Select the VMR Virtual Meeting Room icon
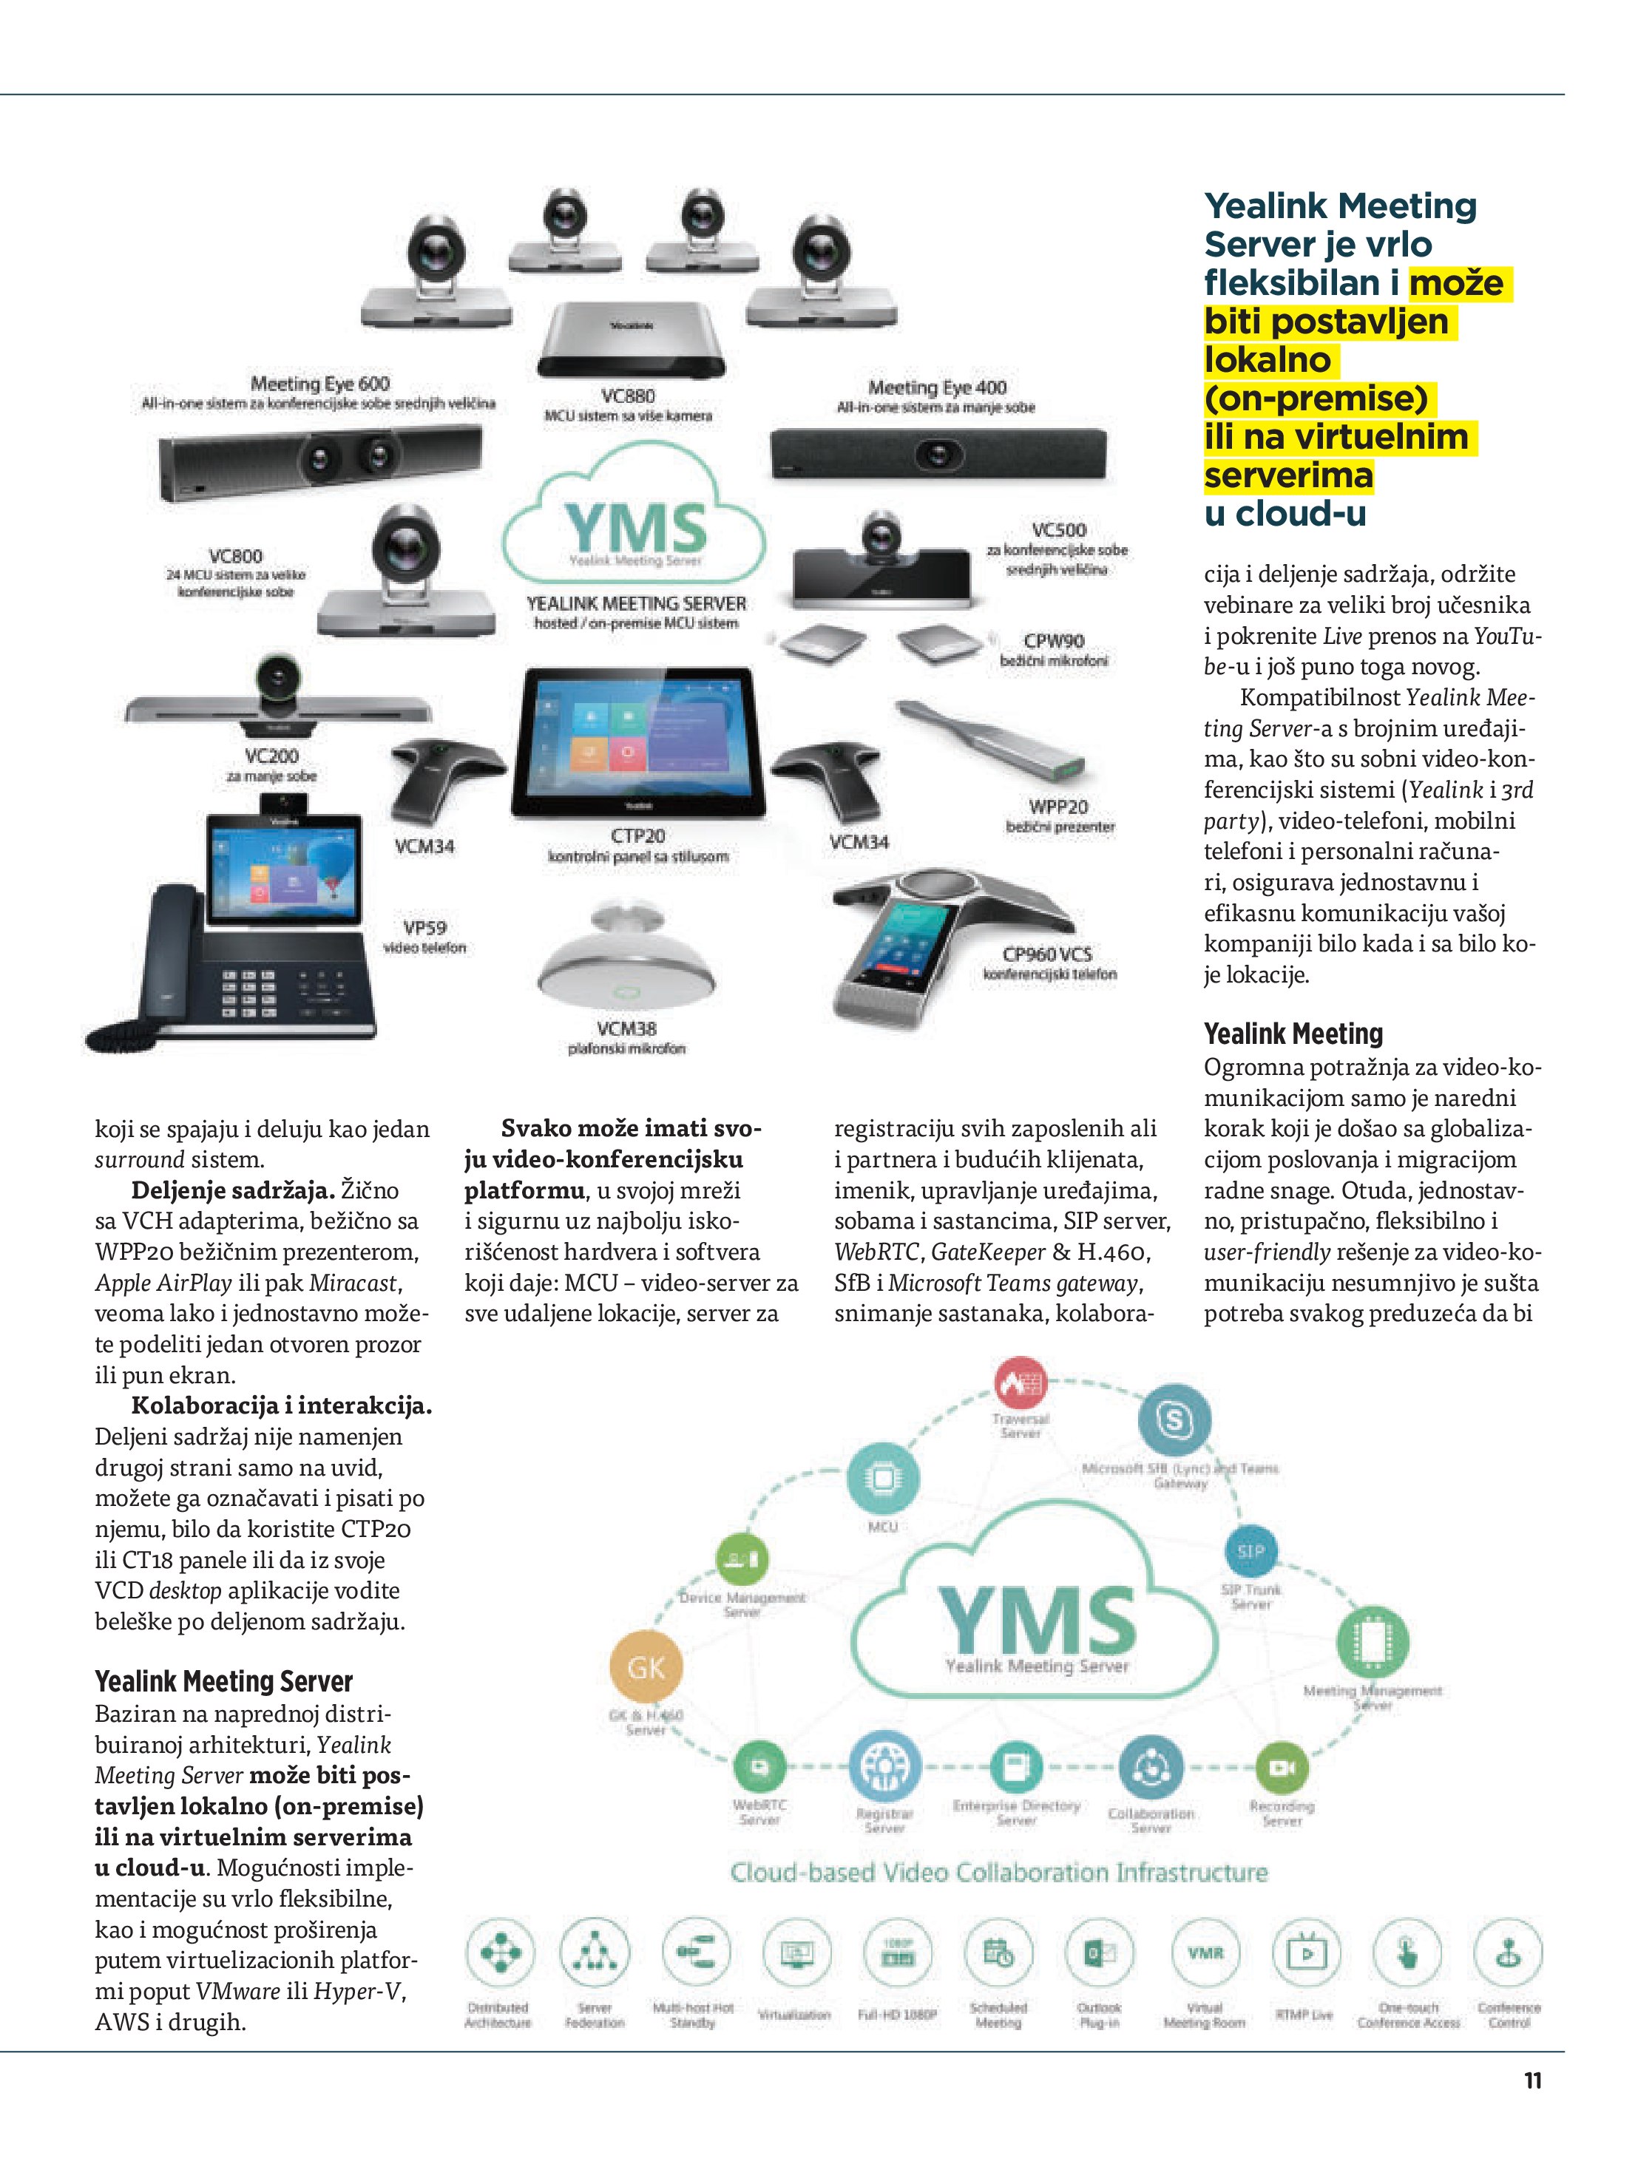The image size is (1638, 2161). pyautogui.click(x=1205, y=1953)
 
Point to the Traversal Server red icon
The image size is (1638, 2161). pyautogui.click(x=1021, y=1383)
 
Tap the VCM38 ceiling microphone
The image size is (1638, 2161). pyautogui.click(x=626, y=963)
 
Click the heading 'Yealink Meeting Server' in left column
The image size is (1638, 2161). pyautogui.click(x=224, y=1681)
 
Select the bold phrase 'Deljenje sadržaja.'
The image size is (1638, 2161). pyautogui.click(x=233, y=1190)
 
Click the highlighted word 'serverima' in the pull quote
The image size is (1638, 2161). pyautogui.click(x=1288, y=476)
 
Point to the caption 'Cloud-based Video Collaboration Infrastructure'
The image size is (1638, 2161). pyautogui.click(x=999, y=1873)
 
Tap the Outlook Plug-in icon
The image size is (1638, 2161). pyautogui.click(x=1100, y=1953)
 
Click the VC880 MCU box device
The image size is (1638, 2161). pyautogui.click(x=630, y=337)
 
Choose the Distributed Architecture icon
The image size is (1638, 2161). pyautogui.click(x=499, y=1953)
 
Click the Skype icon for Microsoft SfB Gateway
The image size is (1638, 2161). pyautogui.click(x=1174, y=1419)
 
